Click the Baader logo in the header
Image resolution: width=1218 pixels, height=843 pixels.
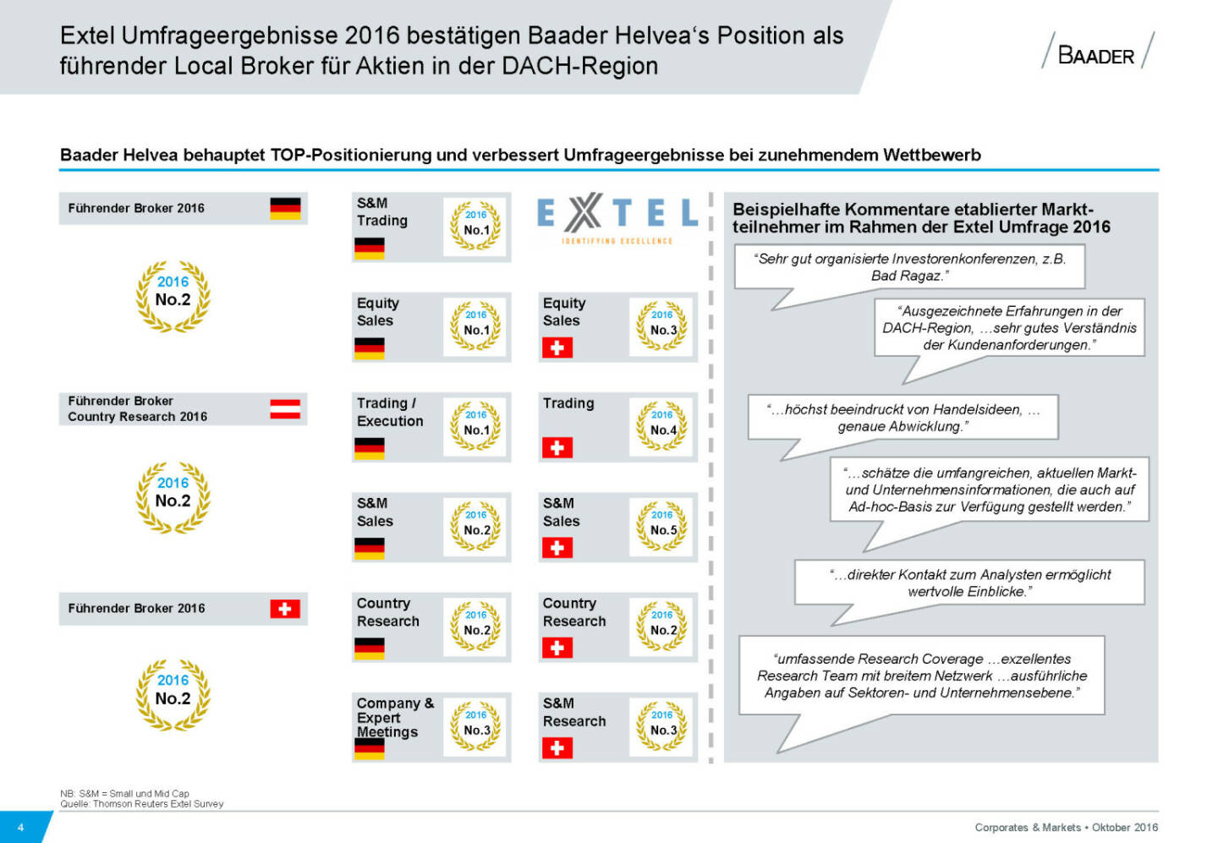point(1097,52)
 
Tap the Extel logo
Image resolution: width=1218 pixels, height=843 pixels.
point(617,217)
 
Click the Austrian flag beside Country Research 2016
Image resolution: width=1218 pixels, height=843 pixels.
point(285,409)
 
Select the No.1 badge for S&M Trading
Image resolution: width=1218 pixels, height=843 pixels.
point(476,226)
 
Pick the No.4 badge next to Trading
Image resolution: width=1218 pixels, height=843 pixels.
point(662,425)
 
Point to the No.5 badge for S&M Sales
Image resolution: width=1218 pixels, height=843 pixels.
point(662,526)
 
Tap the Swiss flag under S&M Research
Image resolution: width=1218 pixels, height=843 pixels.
point(557,747)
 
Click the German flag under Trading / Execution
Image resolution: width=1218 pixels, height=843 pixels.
point(370,448)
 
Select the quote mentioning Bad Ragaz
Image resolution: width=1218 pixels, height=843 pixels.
point(909,267)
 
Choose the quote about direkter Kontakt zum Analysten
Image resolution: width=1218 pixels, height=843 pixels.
point(969,583)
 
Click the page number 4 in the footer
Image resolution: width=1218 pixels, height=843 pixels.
point(21,828)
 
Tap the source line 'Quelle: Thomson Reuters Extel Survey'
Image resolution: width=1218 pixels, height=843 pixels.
point(142,804)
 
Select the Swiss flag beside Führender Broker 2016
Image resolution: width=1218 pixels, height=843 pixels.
point(285,609)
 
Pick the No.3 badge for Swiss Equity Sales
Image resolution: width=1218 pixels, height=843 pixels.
point(662,326)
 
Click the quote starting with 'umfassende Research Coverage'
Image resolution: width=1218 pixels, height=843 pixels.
point(922,676)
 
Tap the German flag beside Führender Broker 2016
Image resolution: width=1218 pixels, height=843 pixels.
point(285,208)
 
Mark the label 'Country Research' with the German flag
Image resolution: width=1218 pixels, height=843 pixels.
point(388,612)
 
